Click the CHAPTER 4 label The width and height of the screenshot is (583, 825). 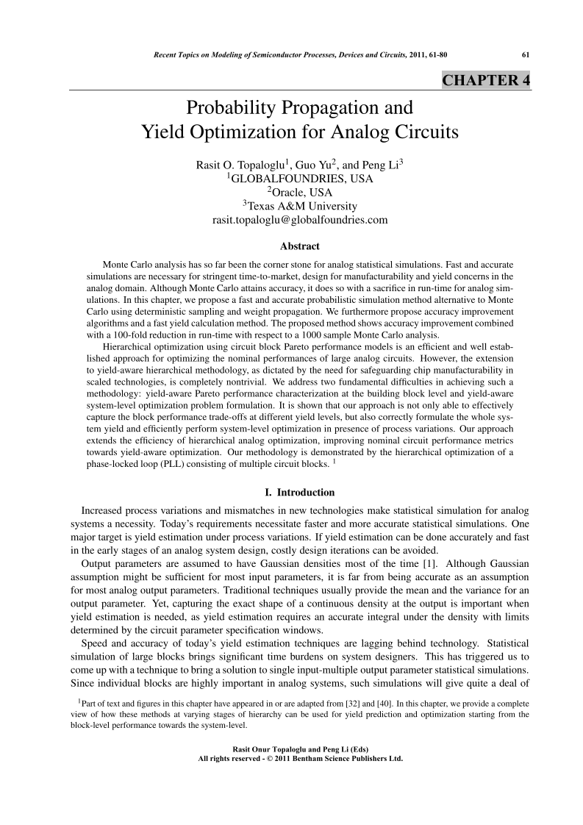pyautogui.click(x=485, y=81)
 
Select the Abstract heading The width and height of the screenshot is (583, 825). pyautogui.click(x=299, y=246)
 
